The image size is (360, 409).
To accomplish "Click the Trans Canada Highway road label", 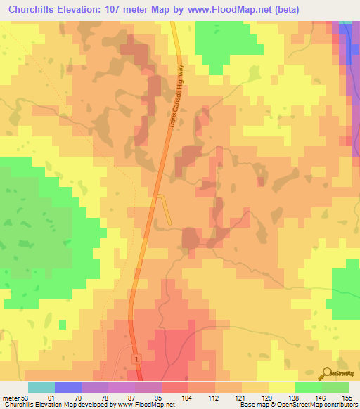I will (x=176, y=96).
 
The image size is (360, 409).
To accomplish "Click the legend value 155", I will (x=348, y=397).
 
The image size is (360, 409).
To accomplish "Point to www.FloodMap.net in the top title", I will (x=221, y=9).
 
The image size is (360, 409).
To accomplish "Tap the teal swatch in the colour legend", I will (x=41, y=387).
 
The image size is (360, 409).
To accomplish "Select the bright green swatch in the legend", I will (x=309, y=387).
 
